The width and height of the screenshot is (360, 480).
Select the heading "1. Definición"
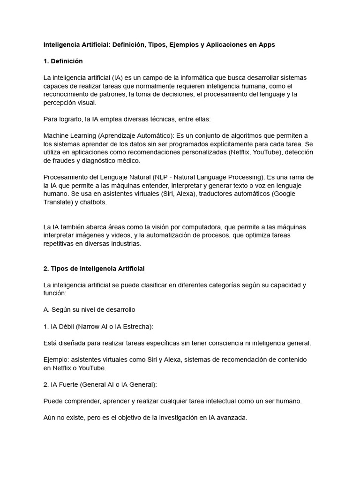(x=63, y=61)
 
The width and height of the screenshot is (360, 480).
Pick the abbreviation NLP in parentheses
(x=163, y=177)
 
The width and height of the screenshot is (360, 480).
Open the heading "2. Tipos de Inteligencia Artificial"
(x=94, y=269)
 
